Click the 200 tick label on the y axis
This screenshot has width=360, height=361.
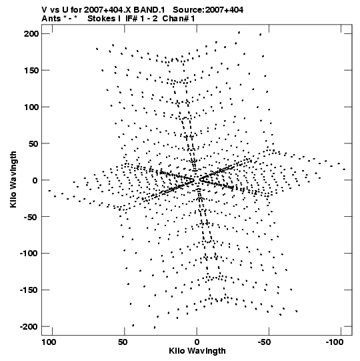point(31,34)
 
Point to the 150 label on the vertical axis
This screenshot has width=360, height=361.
point(31,71)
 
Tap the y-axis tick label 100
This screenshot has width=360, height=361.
point(31,107)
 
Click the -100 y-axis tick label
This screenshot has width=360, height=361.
point(29,254)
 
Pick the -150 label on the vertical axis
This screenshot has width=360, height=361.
point(29,290)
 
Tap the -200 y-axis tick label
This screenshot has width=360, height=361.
point(29,327)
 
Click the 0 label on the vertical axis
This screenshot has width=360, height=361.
point(35,180)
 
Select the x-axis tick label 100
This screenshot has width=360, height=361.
point(49,342)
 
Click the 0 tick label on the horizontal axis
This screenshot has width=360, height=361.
point(197,342)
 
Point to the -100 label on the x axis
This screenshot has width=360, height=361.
point(334,342)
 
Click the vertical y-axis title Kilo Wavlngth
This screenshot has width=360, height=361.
point(13,179)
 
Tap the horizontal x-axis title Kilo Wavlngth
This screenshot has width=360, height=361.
point(197,351)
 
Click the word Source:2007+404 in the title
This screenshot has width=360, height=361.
point(208,10)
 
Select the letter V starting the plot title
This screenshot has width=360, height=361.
point(44,10)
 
